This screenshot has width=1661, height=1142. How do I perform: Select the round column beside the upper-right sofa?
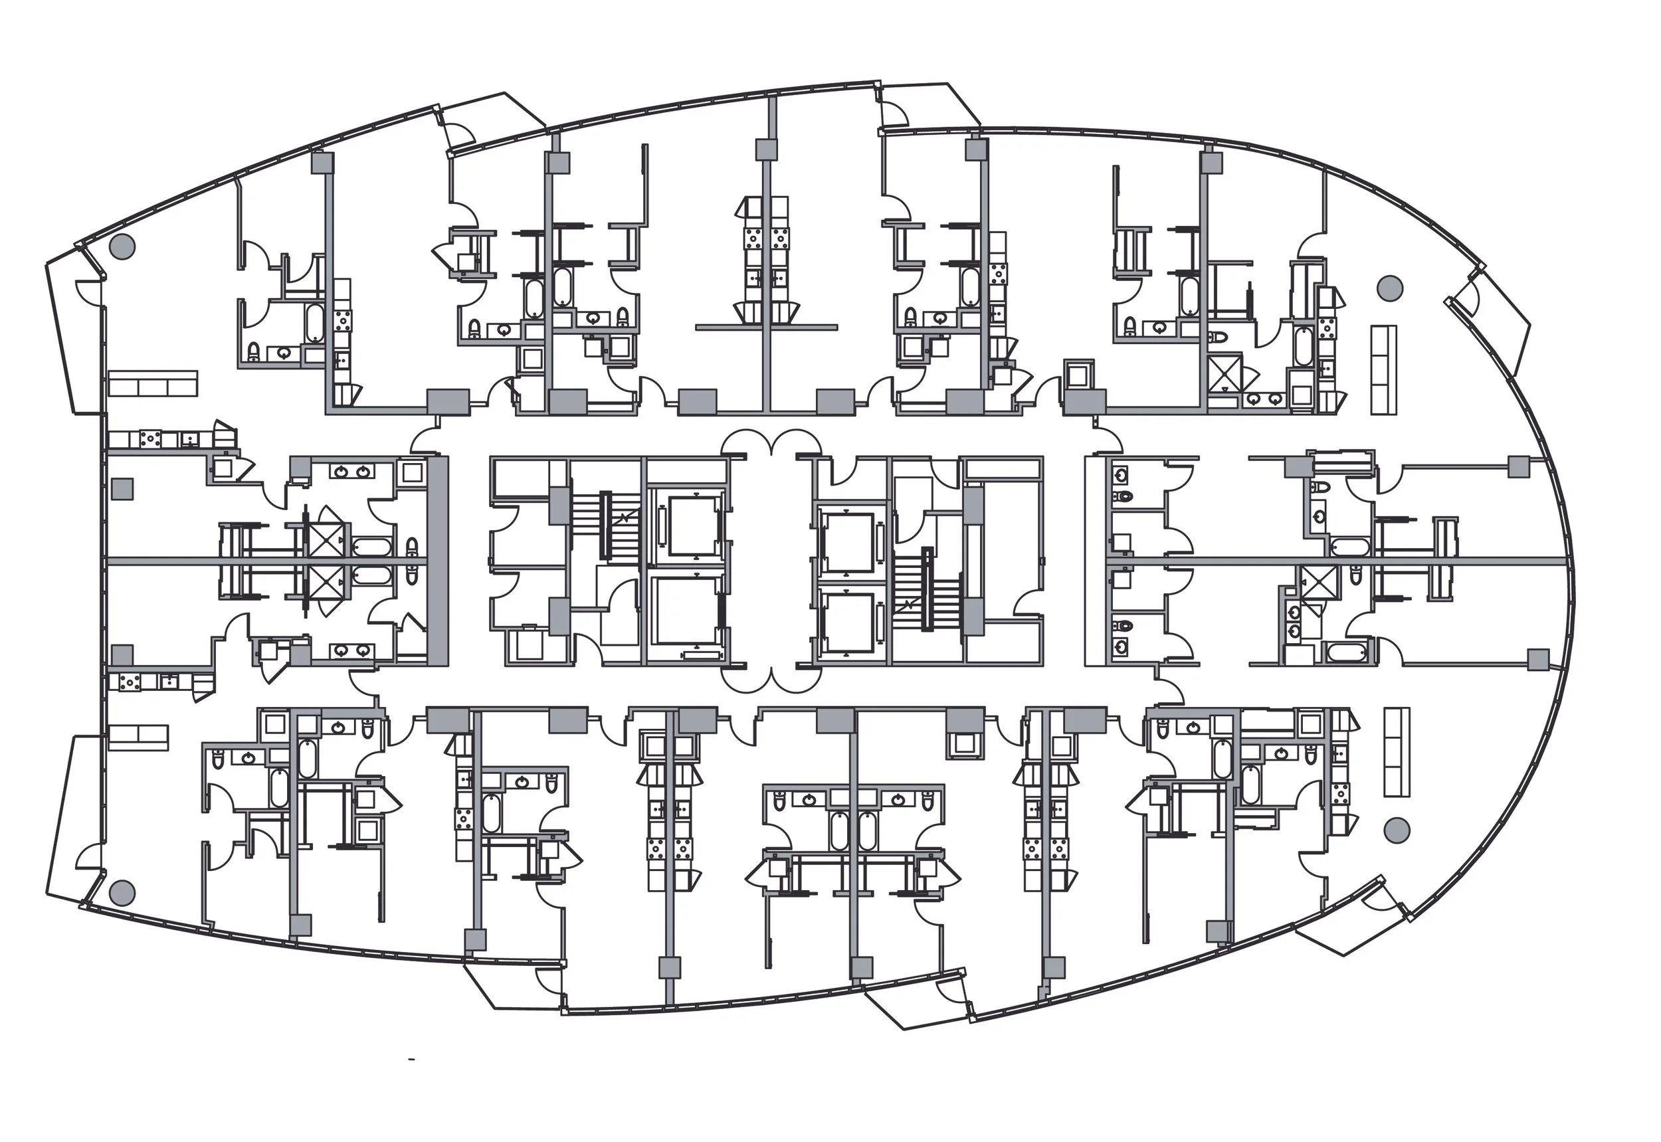[1390, 288]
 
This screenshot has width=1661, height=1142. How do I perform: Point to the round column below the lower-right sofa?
[1395, 830]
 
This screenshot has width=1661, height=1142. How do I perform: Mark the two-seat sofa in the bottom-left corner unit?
[138, 737]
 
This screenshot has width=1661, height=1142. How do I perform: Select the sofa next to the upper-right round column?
[1383, 369]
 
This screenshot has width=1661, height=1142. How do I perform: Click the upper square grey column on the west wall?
[122, 490]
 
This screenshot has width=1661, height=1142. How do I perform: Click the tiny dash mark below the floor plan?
[411, 1058]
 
